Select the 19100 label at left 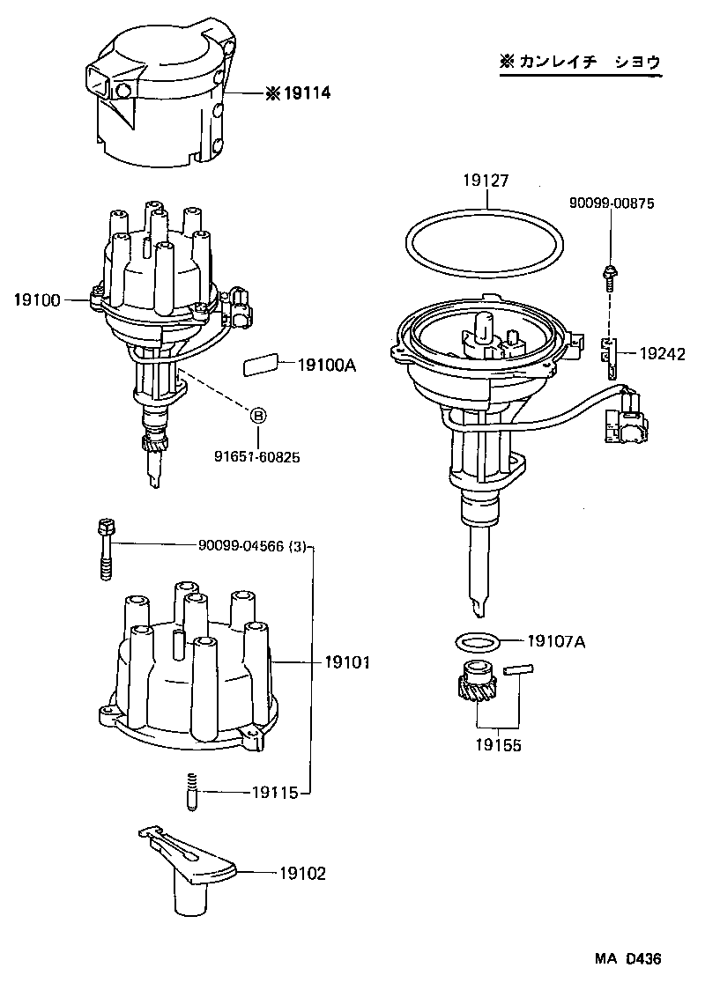point(36,300)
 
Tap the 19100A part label point(326,364)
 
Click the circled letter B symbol point(258,416)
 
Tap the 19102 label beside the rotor point(302,874)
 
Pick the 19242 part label point(661,353)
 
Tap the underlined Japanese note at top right point(579,63)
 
